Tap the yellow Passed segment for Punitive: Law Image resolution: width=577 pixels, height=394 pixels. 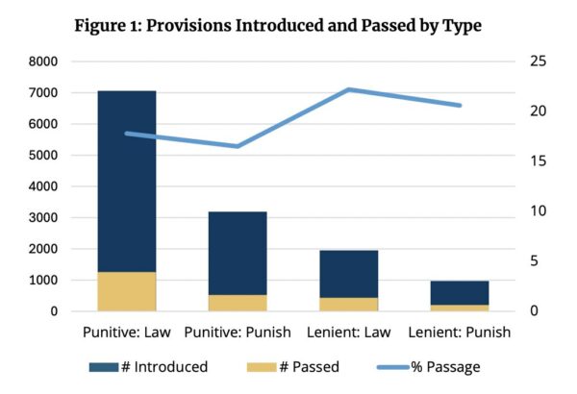pos(127,291)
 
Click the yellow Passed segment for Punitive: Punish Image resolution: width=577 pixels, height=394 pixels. pos(238,303)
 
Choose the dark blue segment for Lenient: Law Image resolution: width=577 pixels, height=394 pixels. pos(348,274)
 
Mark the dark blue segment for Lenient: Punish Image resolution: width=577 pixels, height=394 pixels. pos(459,292)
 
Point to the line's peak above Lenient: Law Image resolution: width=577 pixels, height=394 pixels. pos(348,89)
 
